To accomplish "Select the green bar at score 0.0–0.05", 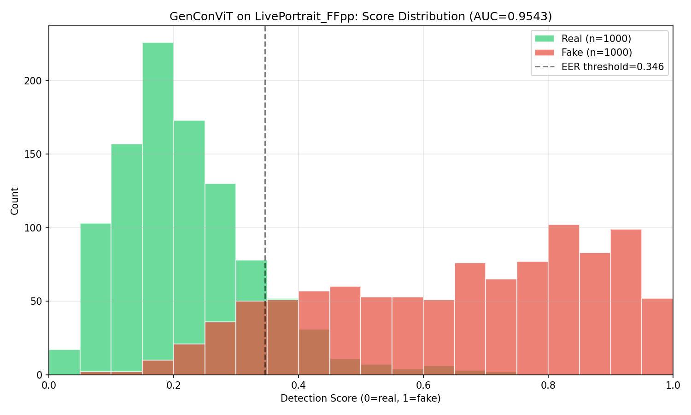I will pyautogui.click(x=64, y=362).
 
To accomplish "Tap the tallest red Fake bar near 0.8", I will pyautogui.click(x=563, y=300).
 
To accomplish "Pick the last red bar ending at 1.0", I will pyautogui.click(x=657, y=337).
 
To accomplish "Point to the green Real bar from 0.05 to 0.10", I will pyautogui.click(x=95, y=295).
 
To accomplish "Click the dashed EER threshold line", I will pyautogui.click(x=265, y=138).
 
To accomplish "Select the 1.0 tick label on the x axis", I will pyautogui.click(x=673, y=385).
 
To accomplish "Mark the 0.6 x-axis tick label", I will pyautogui.click(x=423, y=385).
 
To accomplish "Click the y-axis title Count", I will pyautogui.click(x=15, y=201).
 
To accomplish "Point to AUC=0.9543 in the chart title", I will pyautogui.click(x=512, y=17).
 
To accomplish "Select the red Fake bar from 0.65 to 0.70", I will pyautogui.click(x=470, y=318).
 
